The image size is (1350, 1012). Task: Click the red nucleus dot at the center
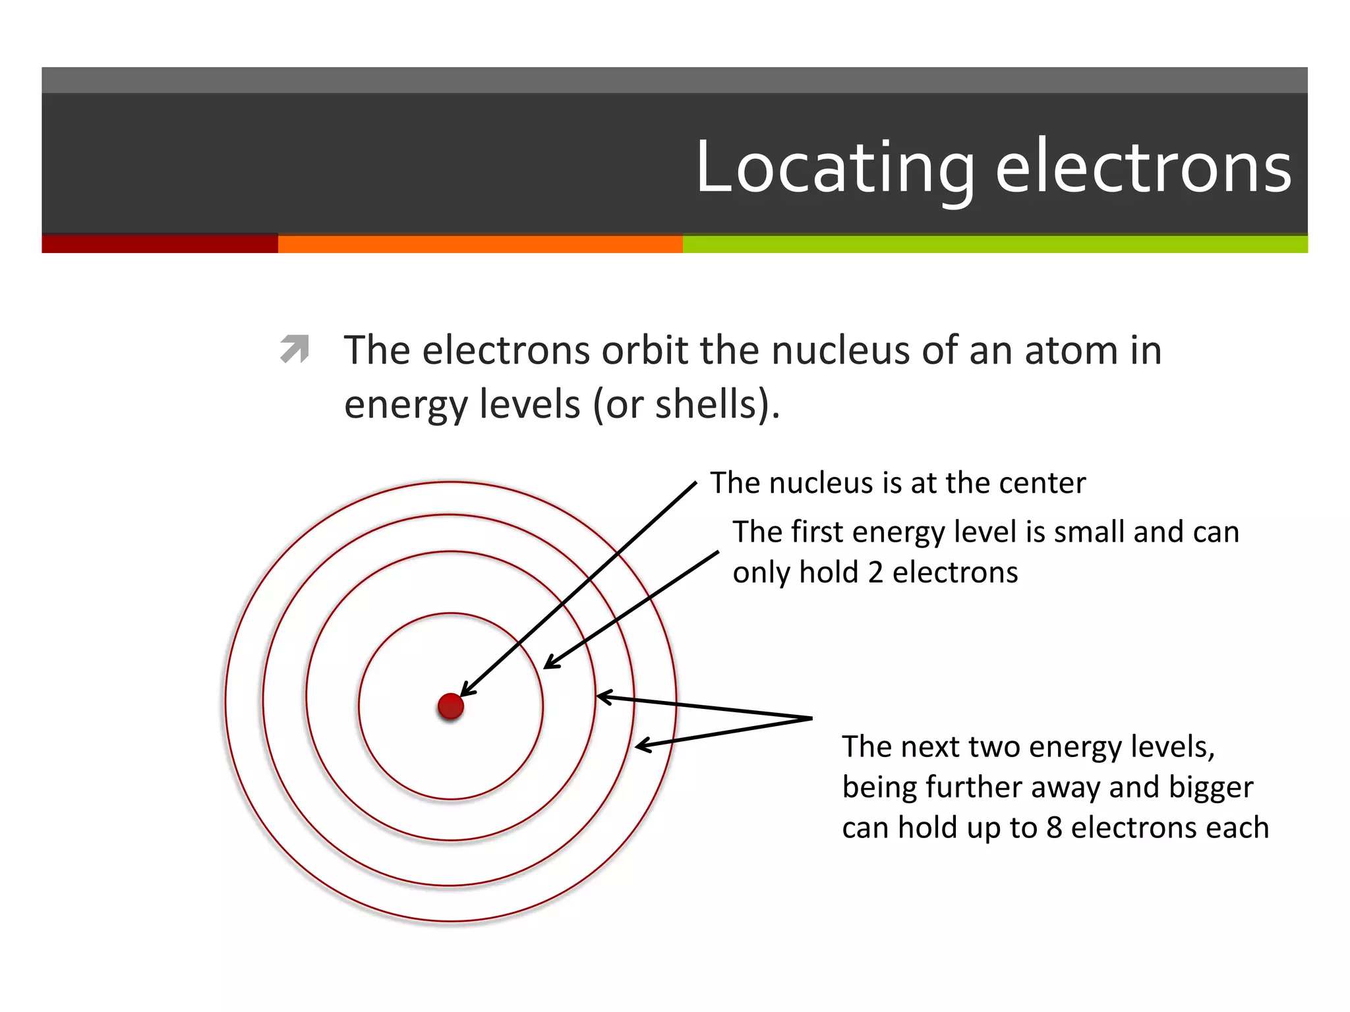coord(451,706)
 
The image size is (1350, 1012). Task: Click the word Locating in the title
coord(835,169)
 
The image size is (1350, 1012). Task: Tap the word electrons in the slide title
coord(1143,169)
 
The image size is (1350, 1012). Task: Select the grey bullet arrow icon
coord(294,349)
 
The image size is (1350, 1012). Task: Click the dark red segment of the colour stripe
coord(160,244)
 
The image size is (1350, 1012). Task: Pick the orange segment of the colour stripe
coord(480,244)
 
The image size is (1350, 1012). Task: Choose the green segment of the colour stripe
coord(995,244)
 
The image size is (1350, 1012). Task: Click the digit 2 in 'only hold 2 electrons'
coord(875,573)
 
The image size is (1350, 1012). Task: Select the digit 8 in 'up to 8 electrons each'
coord(1054,828)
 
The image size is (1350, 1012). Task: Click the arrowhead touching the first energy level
coord(548,665)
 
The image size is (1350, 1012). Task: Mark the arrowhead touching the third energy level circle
coord(639,746)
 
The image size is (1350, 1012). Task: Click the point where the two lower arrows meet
coord(811,718)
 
